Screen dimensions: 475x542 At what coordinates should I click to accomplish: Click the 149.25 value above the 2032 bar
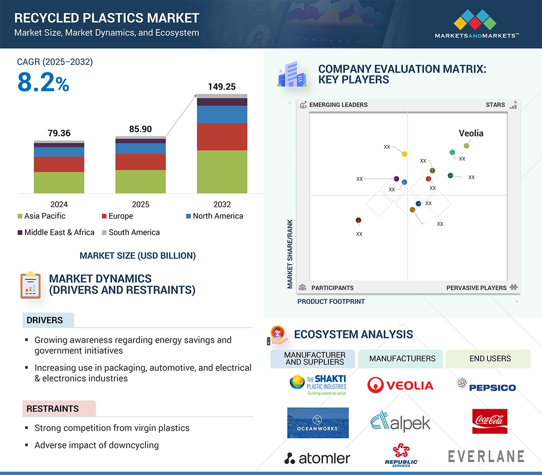click(x=222, y=87)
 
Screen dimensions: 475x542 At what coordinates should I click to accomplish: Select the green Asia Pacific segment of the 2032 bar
click(x=222, y=171)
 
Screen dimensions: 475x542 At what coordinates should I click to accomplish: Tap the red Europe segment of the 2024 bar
click(x=59, y=164)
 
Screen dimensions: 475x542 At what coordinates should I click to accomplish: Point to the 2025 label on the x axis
click(x=140, y=204)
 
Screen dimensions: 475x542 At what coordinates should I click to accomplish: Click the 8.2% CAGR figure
click(x=43, y=83)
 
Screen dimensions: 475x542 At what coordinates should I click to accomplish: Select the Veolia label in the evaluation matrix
click(x=471, y=133)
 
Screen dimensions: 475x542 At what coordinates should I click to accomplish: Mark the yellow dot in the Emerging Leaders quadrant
click(x=404, y=154)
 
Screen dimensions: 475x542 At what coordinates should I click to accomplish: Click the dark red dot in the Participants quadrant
click(x=358, y=220)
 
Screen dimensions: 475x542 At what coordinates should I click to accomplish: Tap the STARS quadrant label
click(x=495, y=105)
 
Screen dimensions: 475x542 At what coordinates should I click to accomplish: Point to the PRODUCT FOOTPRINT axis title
click(x=331, y=301)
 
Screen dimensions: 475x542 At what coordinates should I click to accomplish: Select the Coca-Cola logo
click(x=490, y=421)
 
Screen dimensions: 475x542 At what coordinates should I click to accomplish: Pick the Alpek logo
click(x=400, y=421)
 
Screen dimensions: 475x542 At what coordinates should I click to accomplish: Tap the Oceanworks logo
click(x=317, y=423)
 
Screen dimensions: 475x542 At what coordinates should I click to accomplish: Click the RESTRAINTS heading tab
click(x=53, y=409)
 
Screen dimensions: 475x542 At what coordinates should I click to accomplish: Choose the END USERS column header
click(x=490, y=359)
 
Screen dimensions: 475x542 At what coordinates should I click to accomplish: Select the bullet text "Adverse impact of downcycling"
click(x=96, y=445)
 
